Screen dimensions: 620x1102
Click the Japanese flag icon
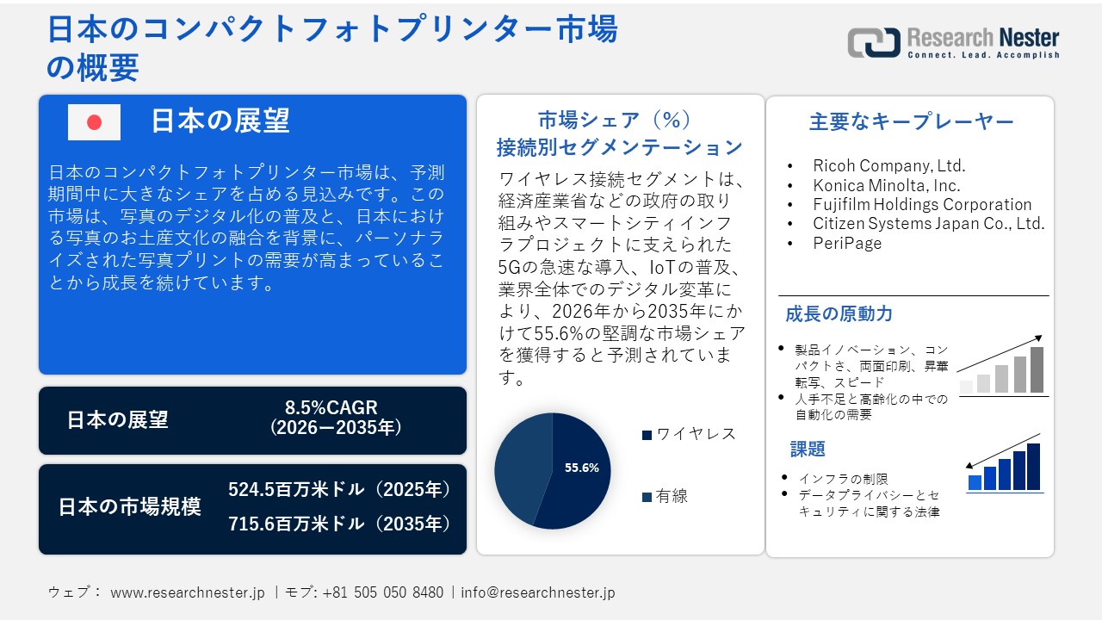(x=94, y=122)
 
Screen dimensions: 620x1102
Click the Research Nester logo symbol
(x=873, y=42)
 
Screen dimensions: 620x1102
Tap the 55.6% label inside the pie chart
(x=581, y=468)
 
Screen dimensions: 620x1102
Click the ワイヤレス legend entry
(x=689, y=434)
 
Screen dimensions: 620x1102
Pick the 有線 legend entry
(x=665, y=496)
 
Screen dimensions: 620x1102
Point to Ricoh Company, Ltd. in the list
(x=888, y=165)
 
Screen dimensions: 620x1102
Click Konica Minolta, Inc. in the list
(x=886, y=185)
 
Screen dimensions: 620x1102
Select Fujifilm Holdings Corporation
(x=921, y=205)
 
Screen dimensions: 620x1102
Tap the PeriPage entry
(x=847, y=244)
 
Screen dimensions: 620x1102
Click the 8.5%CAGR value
(x=331, y=407)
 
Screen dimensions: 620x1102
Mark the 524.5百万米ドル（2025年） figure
(x=339, y=490)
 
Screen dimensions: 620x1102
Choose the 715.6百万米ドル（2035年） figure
(x=339, y=524)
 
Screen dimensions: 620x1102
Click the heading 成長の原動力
(x=839, y=314)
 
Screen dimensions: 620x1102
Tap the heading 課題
(x=808, y=449)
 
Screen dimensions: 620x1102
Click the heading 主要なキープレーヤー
(x=911, y=121)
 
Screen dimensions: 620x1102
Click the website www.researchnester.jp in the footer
(x=188, y=592)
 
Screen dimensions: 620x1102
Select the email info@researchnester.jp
(x=537, y=592)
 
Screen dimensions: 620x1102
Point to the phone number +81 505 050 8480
(x=382, y=592)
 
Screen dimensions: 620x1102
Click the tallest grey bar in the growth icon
(x=1037, y=370)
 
